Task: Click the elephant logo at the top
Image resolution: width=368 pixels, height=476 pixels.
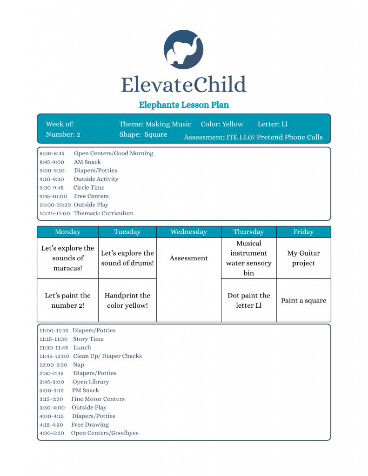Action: [183, 50]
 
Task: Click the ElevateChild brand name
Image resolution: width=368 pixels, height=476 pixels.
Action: [183, 85]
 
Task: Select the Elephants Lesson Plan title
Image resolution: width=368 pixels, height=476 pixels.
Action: [184, 105]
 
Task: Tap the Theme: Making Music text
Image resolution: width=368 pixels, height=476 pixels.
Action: [155, 124]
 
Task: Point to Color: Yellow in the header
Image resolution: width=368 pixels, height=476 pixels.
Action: [222, 124]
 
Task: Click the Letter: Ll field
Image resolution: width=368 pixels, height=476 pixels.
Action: [273, 124]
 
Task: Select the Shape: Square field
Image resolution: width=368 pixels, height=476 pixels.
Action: [143, 134]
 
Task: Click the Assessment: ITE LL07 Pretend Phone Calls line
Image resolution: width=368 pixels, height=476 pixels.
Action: [253, 137]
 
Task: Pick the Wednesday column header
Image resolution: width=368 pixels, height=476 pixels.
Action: [188, 232]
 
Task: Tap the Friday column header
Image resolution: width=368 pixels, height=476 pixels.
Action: [303, 232]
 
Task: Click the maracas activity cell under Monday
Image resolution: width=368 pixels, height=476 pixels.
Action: [68, 258]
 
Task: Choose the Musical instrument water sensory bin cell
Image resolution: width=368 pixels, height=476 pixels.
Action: [249, 258]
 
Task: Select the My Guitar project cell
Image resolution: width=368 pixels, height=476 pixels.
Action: [303, 258]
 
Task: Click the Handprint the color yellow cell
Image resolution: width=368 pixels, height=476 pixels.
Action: [127, 300]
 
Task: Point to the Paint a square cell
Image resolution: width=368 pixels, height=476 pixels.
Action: [303, 300]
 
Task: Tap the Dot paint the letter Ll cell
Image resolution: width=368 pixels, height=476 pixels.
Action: [249, 300]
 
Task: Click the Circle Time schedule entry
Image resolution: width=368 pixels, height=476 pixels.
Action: [88, 188]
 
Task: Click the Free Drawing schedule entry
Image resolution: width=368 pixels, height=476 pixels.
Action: [90, 424]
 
